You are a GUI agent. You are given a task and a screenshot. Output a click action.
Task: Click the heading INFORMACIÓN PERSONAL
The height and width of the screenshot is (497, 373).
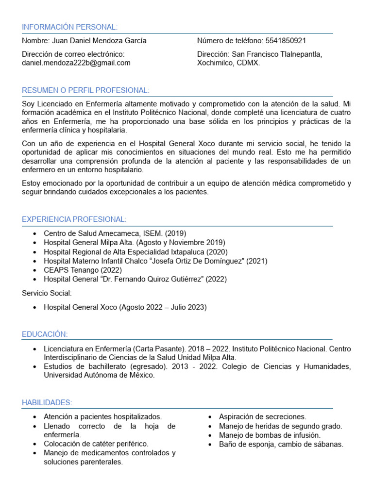point(69,27)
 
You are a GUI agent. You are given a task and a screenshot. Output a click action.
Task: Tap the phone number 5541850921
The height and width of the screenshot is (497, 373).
point(286,41)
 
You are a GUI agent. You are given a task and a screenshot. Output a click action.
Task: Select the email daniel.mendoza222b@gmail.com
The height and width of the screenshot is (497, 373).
point(76,63)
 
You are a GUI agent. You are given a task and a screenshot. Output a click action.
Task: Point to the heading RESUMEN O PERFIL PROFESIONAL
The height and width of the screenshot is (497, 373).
point(85,91)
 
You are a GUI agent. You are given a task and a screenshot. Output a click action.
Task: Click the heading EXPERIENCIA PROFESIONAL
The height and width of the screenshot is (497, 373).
point(74,219)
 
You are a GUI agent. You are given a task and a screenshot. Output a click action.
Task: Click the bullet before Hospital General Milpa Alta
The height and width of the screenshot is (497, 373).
point(34,243)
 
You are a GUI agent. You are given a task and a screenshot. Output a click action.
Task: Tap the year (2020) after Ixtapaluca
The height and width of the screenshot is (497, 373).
point(217,252)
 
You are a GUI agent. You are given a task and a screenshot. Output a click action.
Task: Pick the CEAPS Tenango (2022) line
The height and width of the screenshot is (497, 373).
point(83,270)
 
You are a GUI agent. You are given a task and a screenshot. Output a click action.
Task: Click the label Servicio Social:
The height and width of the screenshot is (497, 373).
point(47,293)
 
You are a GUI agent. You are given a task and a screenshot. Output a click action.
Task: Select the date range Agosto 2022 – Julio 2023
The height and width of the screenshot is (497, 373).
point(164,307)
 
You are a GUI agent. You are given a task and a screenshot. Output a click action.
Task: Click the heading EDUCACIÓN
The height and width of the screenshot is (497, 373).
point(45,334)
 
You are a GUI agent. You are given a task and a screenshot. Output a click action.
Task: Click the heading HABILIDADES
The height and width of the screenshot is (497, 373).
point(47,402)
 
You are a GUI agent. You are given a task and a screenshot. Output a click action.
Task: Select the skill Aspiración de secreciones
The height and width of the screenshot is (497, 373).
point(262,416)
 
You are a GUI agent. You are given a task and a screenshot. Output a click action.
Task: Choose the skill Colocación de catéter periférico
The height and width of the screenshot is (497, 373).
point(96,444)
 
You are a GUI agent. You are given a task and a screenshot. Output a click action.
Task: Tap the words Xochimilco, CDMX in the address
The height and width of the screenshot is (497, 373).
point(228,63)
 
